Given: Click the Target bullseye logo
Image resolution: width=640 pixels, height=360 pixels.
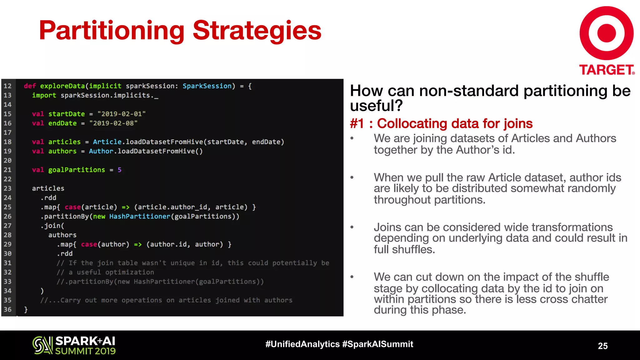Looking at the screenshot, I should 606,33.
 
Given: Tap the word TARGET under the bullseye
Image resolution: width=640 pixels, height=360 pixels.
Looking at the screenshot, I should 606,70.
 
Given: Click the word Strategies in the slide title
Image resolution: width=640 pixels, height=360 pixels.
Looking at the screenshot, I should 257,31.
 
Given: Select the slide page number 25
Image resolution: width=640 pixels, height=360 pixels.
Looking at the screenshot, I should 602,346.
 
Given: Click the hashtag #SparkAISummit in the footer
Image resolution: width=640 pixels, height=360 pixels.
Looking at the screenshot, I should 377,344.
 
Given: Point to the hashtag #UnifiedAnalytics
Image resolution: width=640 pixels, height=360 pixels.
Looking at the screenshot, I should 302,344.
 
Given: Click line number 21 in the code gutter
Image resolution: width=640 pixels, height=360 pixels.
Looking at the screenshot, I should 7,170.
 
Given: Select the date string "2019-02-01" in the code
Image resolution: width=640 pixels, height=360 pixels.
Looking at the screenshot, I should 122,114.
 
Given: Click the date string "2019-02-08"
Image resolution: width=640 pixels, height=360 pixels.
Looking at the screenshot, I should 113,123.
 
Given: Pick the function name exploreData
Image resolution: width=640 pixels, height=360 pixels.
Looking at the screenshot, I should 62,86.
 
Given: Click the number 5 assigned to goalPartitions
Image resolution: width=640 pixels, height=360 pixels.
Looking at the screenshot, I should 119,170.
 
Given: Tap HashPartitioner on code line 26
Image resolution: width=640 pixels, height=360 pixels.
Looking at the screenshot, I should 140,216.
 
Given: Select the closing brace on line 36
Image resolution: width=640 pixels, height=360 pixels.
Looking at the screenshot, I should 26,309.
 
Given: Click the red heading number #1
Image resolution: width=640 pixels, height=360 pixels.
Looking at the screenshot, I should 357,124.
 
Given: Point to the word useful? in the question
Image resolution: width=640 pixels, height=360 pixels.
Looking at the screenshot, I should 376,106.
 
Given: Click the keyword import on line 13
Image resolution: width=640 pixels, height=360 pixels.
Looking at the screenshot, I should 44,95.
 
